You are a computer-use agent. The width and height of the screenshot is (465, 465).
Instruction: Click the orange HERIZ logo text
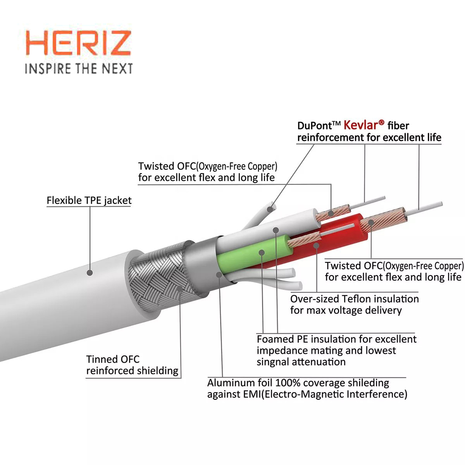[78, 43]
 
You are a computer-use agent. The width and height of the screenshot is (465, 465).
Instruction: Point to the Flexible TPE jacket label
[89, 200]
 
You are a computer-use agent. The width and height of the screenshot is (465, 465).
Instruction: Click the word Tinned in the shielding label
[102, 359]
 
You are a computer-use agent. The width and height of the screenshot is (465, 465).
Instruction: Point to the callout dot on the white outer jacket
[90, 273]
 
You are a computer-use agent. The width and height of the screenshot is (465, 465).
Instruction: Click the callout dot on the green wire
[262, 253]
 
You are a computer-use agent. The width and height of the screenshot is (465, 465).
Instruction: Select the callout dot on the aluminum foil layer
[219, 274]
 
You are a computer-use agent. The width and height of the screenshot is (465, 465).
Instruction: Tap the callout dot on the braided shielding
[180, 289]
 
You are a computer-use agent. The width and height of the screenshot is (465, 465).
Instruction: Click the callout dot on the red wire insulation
[316, 246]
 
